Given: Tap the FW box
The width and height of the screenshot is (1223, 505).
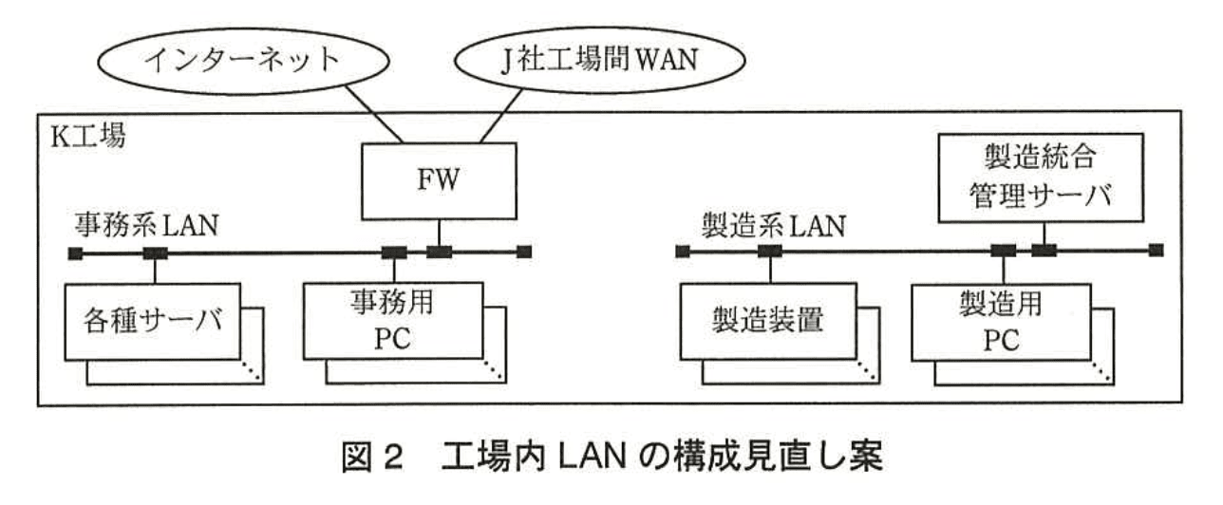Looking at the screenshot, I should [437, 180].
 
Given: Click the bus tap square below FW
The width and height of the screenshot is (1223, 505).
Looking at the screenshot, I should [439, 252].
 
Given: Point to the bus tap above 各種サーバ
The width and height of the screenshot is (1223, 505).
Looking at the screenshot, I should [155, 252].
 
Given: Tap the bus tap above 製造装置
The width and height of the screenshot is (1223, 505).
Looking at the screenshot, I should [769, 252].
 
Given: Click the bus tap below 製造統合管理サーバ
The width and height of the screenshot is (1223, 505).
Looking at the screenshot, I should [1044, 251].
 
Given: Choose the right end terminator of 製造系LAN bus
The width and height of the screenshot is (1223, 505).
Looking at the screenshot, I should [1155, 251].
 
